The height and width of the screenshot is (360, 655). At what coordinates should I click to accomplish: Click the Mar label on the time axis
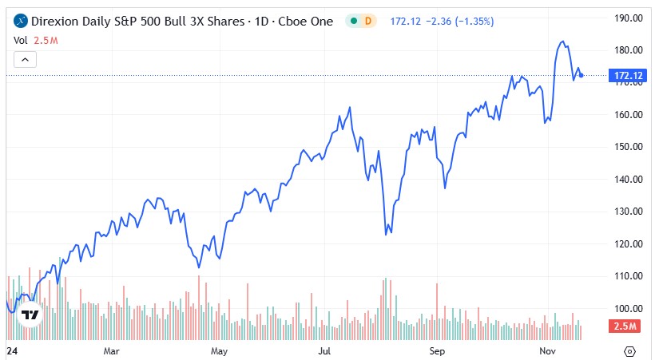tap(111, 350)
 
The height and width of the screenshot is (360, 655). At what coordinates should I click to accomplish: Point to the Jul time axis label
tap(324, 350)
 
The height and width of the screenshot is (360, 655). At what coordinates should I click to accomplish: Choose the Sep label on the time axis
tap(436, 350)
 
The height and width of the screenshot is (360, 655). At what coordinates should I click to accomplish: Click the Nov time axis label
tap(546, 350)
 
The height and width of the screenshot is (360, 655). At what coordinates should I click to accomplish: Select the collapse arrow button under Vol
tap(25, 59)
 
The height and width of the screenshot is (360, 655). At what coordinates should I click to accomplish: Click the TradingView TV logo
tap(30, 315)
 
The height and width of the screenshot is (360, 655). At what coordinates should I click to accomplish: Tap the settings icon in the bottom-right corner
tap(630, 350)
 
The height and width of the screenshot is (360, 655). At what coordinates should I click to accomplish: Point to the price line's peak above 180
tap(563, 42)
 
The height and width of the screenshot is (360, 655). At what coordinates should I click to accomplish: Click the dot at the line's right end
tap(582, 76)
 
